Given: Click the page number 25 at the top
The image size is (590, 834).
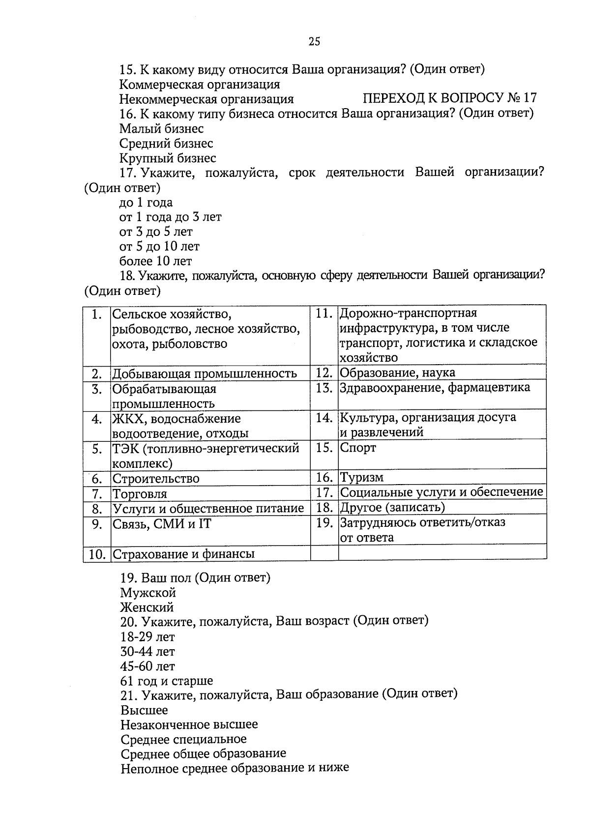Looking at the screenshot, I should pyautogui.click(x=314, y=41).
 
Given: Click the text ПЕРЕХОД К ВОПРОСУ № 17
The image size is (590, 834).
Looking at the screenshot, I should pyautogui.click(x=449, y=98).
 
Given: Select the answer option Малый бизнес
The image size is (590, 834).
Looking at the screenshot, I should pyautogui.click(x=161, y=129).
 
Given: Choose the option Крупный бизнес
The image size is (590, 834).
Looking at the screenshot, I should pyautogui.click(x=168, y=158).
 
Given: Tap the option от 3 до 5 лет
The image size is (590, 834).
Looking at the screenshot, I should pyautogui.click(x=156, y=231).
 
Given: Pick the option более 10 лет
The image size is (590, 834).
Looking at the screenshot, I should pyautogui.click(x=156, y=261).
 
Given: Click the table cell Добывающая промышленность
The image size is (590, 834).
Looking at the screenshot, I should pyautogui.click(x=205, y=374).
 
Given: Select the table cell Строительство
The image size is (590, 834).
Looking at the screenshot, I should pyautogui.click(x=156, y=478).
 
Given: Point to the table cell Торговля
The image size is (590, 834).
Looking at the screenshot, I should pyautogui.click(x=140, y=493).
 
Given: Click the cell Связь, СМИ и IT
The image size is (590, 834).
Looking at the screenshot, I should pyautogui.click(x=162, y=524).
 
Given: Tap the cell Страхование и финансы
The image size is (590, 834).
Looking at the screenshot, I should pyautogui.click(x=184, y=554).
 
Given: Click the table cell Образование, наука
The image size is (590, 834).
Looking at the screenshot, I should pyautogui.click(x=397, y=372).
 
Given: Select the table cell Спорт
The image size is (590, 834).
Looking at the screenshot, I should pyautogui.click(x=358, y=448).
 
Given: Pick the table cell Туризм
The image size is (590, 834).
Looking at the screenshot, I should pyautogui.click(x=362, y=477).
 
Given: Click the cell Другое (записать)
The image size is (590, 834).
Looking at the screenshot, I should pyautogui.click(x=392, y=507).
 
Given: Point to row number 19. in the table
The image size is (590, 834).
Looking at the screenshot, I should pyautogui.click(x=324, y=522).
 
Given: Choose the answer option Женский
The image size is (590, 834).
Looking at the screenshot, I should pyautogui.click(x=147, y=607).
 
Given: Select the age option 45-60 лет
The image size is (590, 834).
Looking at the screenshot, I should pyautogui.click(x=147, y=666).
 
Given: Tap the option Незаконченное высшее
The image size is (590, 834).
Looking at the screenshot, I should pyautogui.click(x=189, y=724).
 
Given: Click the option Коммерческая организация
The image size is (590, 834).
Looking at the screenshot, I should pyautogui.click(x=200, y=84).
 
